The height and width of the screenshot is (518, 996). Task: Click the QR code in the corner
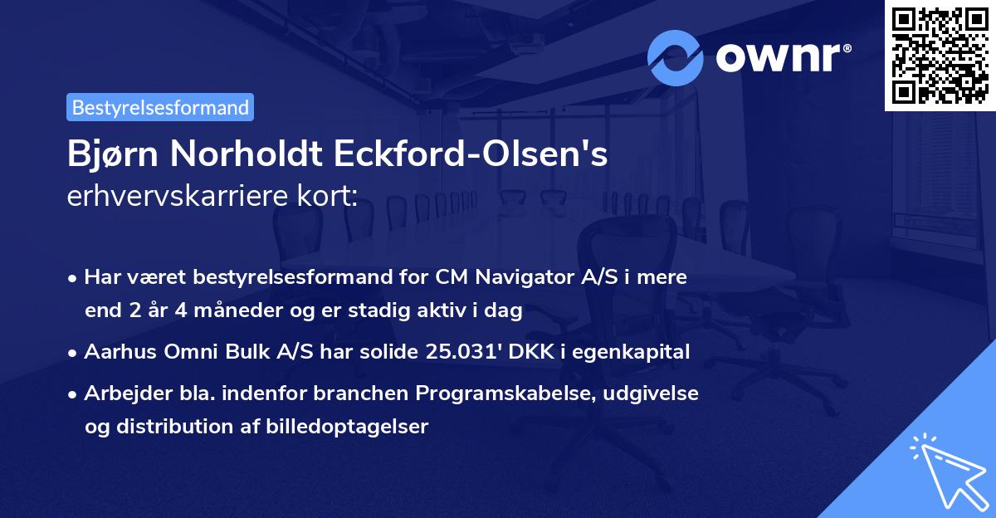(x=940, y=55)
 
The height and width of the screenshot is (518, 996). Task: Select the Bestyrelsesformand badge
(x=160, y=107)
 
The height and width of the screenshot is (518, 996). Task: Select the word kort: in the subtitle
(x=330, y=196)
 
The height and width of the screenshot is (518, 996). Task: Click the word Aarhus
(x=117, y=351)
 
